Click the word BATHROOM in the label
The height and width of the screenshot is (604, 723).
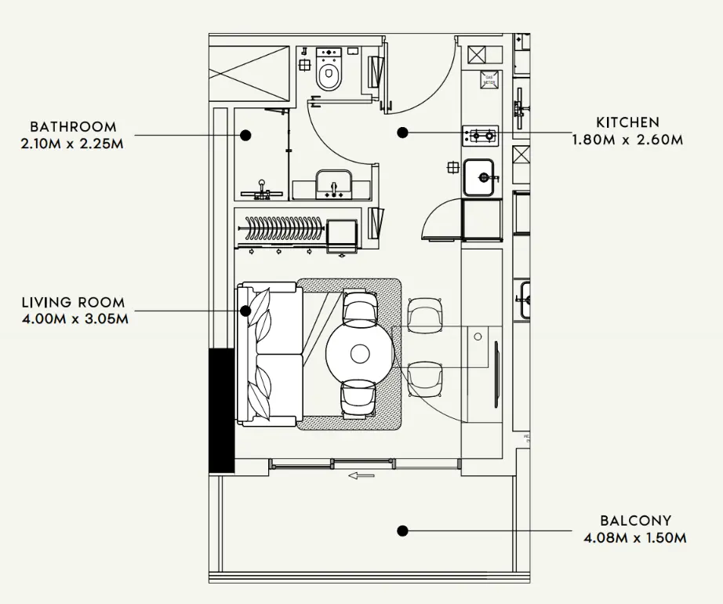tap(73, 126)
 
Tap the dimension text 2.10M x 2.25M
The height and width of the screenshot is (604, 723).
tap(73, 144)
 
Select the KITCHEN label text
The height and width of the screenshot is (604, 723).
tap(627, 122)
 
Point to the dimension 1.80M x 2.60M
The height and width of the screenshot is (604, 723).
tap(627, 140)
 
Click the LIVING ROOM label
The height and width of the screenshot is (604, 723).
tap(73, 302)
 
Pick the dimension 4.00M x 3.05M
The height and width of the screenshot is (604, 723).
tap(73, 318)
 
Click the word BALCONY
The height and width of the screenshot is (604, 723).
tap(635, 520)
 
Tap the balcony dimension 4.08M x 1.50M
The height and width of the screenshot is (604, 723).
tap(635, 538)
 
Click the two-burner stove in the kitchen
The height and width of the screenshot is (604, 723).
tap(480, 136)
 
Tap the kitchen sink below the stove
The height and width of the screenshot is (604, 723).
tap(478, 176)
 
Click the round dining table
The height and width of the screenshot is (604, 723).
tap(360, 353)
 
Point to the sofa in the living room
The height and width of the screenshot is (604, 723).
tap(269, 355)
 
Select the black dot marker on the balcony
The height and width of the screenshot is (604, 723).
tap(402, 531)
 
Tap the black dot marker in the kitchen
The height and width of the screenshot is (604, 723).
tap(402, 133)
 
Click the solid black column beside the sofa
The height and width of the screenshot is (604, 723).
tap(221, 410)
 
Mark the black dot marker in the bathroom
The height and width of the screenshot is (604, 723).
tap(245, 135)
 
